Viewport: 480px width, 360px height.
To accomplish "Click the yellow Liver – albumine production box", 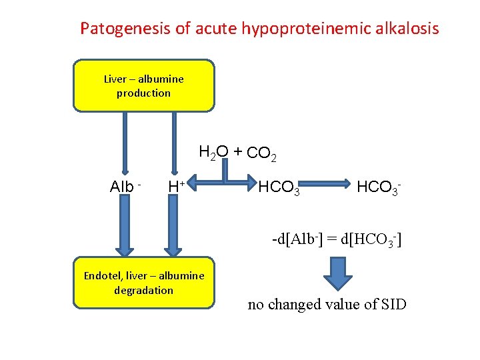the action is pos(144,85).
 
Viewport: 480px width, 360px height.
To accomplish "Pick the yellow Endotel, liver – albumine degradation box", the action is pos(144,283).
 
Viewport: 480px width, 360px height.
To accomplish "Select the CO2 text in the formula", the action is pos(261,154).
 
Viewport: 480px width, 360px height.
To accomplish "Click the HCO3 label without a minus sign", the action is pos(279,188).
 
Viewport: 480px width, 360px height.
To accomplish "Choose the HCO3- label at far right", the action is pos(379,187).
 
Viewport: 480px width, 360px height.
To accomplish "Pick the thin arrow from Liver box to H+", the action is pos(175,143).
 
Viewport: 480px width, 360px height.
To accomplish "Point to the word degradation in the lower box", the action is pos(144,290).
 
